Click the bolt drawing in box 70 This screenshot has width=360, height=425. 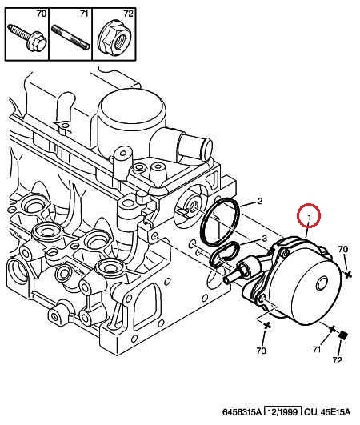[x=26, y=38]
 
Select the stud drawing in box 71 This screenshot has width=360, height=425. [x=71, y=37]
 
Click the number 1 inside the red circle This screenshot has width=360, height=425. [x=309, y=217]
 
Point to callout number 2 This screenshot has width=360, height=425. [x=259, y=201]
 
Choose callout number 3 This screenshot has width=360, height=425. [x=264, y=239]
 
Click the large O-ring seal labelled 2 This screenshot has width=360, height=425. [x=219, y=222]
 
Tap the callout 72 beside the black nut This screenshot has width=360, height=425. [x=338, y=360]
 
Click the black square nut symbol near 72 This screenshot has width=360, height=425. [x=343, y=335]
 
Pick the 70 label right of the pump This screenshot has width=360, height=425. [x=343, y=249]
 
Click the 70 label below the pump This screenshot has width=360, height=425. [x=261, y=351]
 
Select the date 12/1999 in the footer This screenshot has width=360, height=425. [x=283, y=412]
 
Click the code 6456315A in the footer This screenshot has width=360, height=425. [x=242, y=412]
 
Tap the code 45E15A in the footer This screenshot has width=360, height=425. [x=335, y=412]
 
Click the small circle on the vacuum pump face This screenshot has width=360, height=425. [x=322, y=283]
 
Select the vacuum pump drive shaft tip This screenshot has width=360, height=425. [x=228, y=279]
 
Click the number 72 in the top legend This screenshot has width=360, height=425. [x=128, y=14]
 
